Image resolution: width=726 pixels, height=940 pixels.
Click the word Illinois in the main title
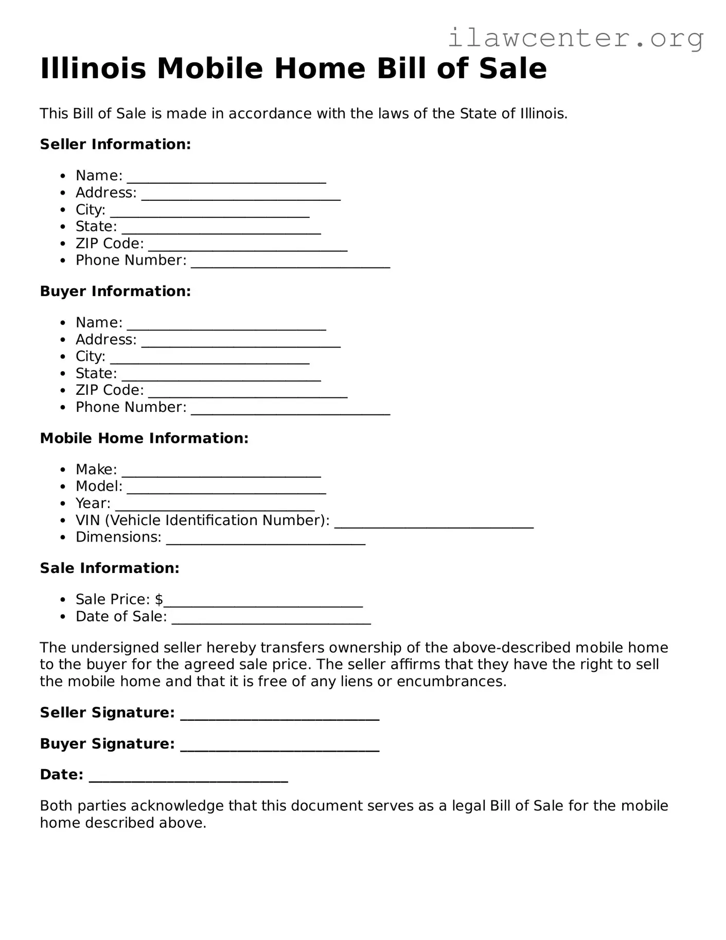(93, 68)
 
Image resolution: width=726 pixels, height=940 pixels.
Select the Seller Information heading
(115, 144)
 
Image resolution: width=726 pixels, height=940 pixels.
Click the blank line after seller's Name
(226, 178)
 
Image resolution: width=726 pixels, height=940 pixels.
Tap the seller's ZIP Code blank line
(247, 246)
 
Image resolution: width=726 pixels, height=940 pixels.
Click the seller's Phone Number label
(131, 260)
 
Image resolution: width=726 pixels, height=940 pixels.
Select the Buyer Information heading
(115, 291)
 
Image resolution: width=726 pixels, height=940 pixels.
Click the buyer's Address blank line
(241, 342)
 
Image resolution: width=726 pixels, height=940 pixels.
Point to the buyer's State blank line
(221, 376)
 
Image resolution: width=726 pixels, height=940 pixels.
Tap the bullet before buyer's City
(63, 357)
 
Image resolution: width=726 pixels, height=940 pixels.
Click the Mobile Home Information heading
(144, 438)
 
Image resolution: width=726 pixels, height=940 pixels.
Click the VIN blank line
(434, 523)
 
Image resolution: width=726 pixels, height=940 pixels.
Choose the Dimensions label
(118, 537)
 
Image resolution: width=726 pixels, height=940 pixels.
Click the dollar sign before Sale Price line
(159, 599)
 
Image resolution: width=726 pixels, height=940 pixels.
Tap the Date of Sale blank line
(271, 619)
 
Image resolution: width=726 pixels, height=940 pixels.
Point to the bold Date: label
(61, 775)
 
